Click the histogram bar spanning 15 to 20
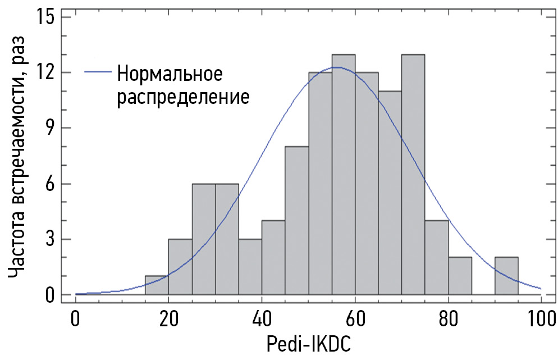[x=157, y=285]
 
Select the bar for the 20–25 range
[x=180, y=267]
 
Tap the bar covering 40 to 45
[x=273, y=258]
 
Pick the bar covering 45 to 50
[x=296, y=221]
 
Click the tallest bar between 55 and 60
[x=343, y=174]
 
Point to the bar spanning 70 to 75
[x=413, y=174]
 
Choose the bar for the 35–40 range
[x=250, y=267]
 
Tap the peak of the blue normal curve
[x=336, y=67]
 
